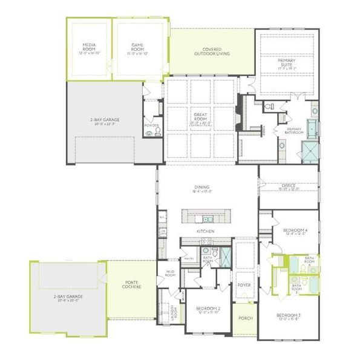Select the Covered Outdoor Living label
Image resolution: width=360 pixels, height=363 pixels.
click(212, 51)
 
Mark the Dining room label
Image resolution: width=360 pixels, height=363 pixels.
click(201, 188)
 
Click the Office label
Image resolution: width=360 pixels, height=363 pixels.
click(289, 188)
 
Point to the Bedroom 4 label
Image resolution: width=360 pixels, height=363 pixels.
click(292, 231)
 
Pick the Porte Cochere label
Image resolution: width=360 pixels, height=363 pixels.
click(133, 284)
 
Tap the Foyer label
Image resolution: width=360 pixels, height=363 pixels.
click(244, 284)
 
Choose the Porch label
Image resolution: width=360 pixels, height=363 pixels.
click(244, 318)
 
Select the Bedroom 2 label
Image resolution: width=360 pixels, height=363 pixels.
click(208, 310)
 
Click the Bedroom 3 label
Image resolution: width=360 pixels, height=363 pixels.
click(289, 317)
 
